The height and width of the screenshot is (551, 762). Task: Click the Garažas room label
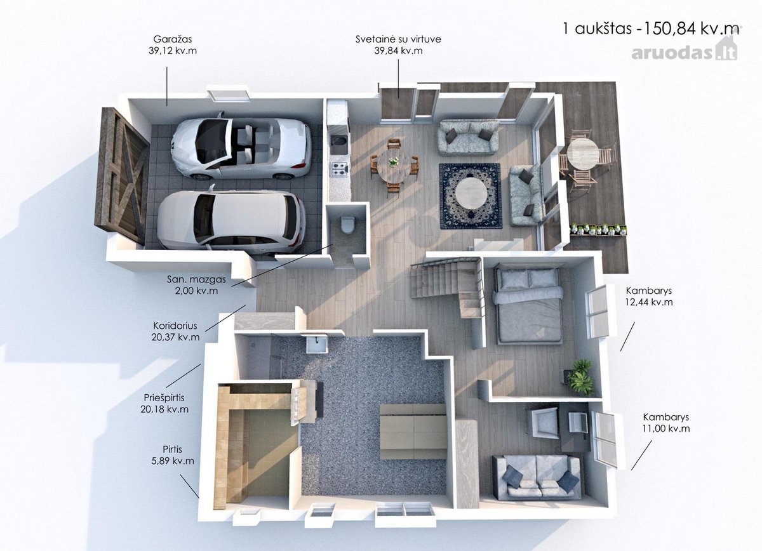173,44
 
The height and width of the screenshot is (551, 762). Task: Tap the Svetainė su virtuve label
398,44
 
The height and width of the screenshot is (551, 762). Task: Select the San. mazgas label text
196,285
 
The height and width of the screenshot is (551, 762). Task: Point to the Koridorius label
175,331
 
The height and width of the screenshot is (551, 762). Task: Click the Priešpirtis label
164,403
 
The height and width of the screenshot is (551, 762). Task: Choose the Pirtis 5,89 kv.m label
173,455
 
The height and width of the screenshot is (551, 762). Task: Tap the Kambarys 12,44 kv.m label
649,296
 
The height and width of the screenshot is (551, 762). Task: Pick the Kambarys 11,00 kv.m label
665,422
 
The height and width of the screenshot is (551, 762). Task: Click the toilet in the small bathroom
347,225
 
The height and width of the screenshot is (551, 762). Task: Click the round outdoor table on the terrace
582,154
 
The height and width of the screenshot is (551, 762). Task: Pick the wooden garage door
122,176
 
